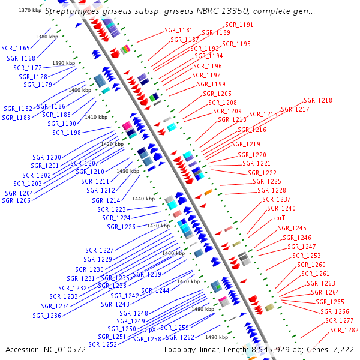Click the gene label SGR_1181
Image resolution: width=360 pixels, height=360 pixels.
point(178,30)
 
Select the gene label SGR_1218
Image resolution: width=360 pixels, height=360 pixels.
point(317,101)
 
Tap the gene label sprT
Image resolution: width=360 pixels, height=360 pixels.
point(279,218)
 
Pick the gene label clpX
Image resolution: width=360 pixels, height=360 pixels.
point(150,329)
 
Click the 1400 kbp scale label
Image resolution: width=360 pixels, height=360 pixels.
point(80,90)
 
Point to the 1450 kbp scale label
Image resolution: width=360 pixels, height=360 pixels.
point(158,226)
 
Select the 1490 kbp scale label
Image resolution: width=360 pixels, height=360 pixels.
point(217,337)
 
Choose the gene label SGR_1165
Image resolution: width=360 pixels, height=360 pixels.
point(16,48)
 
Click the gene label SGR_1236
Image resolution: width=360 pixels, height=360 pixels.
point(47,316)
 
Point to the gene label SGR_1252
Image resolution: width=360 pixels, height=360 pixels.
point(103,345)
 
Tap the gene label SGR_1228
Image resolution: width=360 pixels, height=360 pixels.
point(271,190)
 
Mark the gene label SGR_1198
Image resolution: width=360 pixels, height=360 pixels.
point(66,133)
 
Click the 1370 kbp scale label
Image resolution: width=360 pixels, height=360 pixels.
point(30,11)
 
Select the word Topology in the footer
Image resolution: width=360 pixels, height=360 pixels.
point(182,349)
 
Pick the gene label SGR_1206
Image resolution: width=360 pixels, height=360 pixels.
point(16,200)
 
